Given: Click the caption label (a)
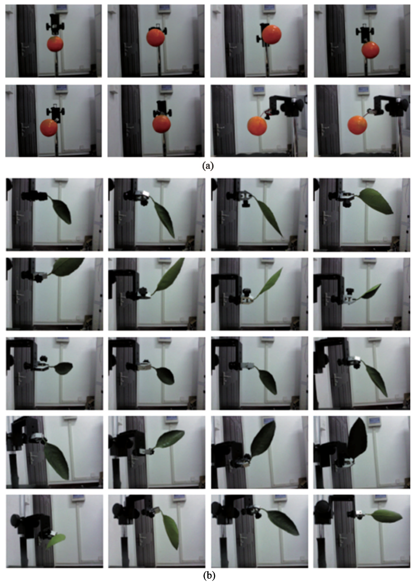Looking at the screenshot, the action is [207, 166].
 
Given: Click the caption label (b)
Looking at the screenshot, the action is [209, 575].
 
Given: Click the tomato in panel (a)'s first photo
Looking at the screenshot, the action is [55, 44].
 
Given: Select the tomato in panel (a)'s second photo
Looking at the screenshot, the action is [156, 37].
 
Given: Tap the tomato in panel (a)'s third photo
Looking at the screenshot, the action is [271, 34].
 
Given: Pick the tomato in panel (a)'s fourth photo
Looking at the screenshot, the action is [371, 50].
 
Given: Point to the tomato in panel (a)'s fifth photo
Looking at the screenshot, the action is [49, 127].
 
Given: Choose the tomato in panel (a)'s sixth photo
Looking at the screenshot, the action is [161, 124].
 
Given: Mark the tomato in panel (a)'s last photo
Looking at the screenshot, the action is [357, 125].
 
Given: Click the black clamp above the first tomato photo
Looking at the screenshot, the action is [55, 25].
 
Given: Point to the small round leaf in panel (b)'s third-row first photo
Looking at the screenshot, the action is [63, 368].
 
